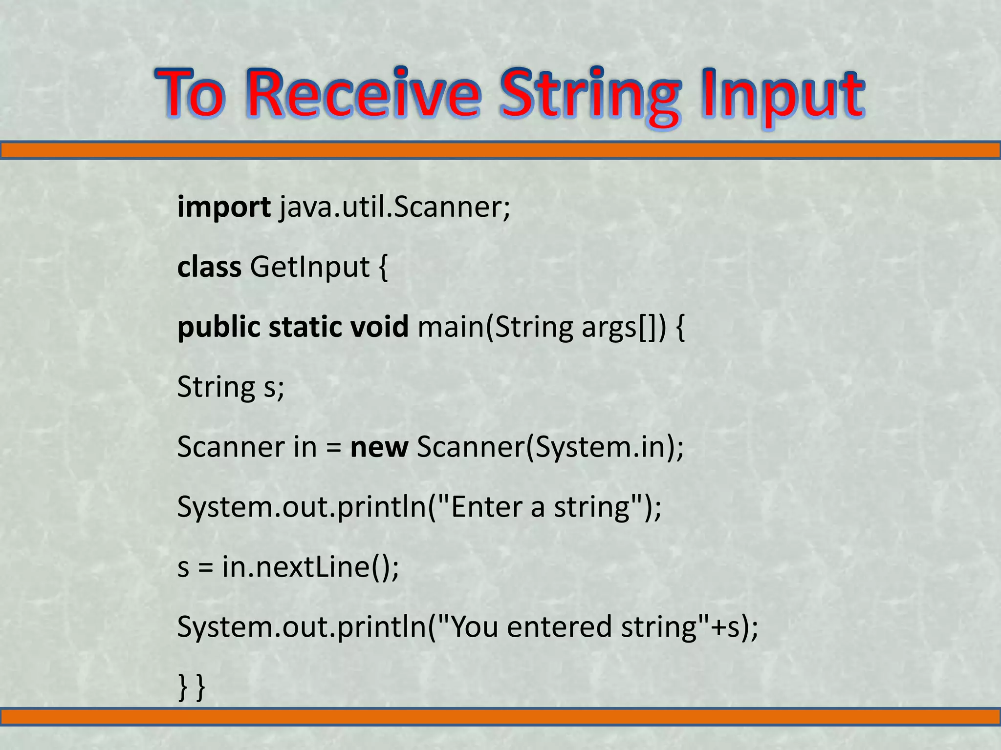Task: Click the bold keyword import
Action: [224, 208]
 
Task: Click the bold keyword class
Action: [209, 267]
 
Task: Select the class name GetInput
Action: [310, 267]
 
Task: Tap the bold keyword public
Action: [219, 327]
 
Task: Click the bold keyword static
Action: [305, 327]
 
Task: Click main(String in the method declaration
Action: [495, 328]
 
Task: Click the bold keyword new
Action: [379, 447]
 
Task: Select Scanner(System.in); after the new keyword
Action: [550, 447]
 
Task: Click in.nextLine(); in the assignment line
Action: [310, 567]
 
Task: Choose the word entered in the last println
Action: [559, 627]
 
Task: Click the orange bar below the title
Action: [500, 150]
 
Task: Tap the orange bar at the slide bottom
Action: [500, 716]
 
